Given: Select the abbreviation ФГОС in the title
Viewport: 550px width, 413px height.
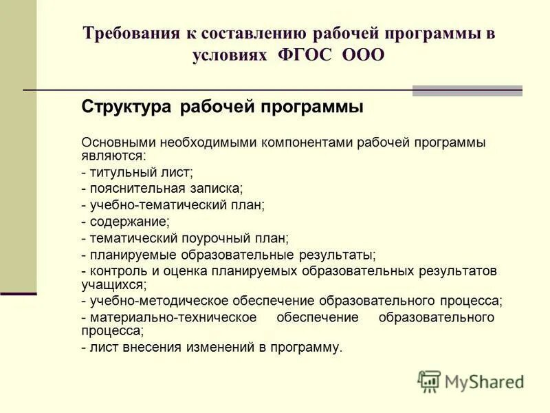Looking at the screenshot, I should [x=306, y=56].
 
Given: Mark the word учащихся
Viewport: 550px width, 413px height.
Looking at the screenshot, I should [x=113, y=284].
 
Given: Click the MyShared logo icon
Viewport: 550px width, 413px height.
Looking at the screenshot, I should [x=429, y=381].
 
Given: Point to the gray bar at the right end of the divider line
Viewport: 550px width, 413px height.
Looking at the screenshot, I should [x=467, y=91].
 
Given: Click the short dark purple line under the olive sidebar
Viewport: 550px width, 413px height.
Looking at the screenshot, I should [x=18, y=294].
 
